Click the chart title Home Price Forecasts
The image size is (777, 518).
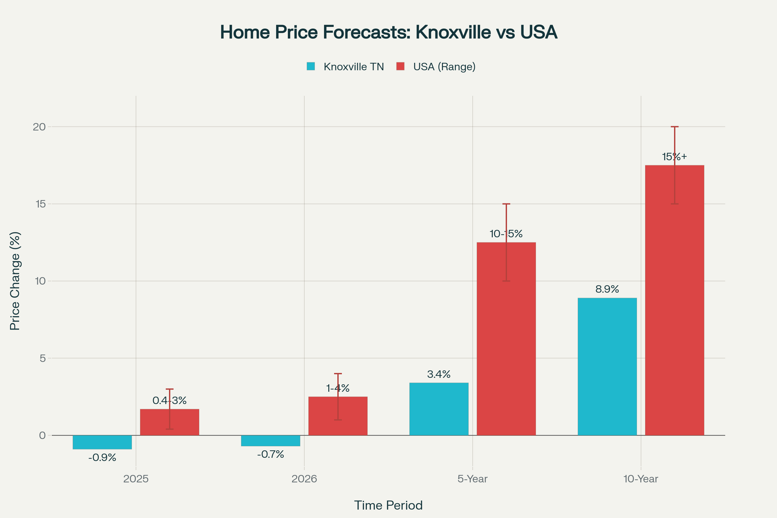388,32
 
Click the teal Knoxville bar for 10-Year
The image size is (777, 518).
607,367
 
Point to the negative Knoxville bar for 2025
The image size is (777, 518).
102,442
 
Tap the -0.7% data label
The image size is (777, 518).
271,455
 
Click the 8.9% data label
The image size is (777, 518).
607,289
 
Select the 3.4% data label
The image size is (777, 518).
439,374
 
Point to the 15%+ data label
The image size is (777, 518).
674,157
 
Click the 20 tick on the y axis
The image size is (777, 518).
39,127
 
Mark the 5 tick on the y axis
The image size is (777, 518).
43,358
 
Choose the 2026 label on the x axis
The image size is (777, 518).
304,479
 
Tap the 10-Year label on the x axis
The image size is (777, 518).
641,479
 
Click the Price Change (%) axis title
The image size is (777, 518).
15,281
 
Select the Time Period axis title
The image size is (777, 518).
388,505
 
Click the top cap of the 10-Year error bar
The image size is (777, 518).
674,127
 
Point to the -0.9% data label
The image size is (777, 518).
102,458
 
